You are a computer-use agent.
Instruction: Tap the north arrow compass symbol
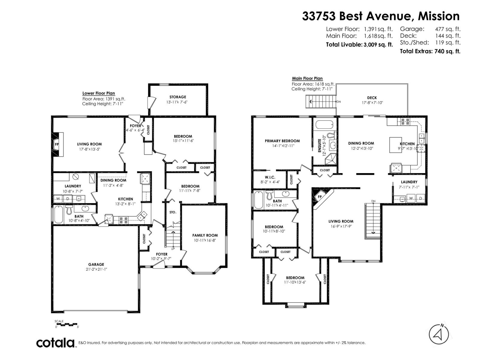(439, 334)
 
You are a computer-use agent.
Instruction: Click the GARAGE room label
(96, 264)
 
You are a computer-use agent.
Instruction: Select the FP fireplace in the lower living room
(57, 144)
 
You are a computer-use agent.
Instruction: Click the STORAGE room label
(178, 97)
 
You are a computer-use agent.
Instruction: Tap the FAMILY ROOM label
(205, 235)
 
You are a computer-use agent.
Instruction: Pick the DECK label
(372, 98)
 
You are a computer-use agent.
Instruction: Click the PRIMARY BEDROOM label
(282, 141)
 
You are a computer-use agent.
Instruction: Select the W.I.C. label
(270, 177)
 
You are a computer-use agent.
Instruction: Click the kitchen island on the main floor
(395, 145)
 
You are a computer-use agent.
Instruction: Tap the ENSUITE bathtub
(324, 125)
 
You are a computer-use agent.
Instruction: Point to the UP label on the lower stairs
(173, 249)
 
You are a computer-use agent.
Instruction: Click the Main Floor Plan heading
(307, 78)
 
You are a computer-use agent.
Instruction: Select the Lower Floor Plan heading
(98, 93)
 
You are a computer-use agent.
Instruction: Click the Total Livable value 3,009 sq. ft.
(378, 45)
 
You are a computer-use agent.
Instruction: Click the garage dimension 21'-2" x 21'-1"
(96, 269)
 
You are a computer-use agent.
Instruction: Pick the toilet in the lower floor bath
(69, 210)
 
